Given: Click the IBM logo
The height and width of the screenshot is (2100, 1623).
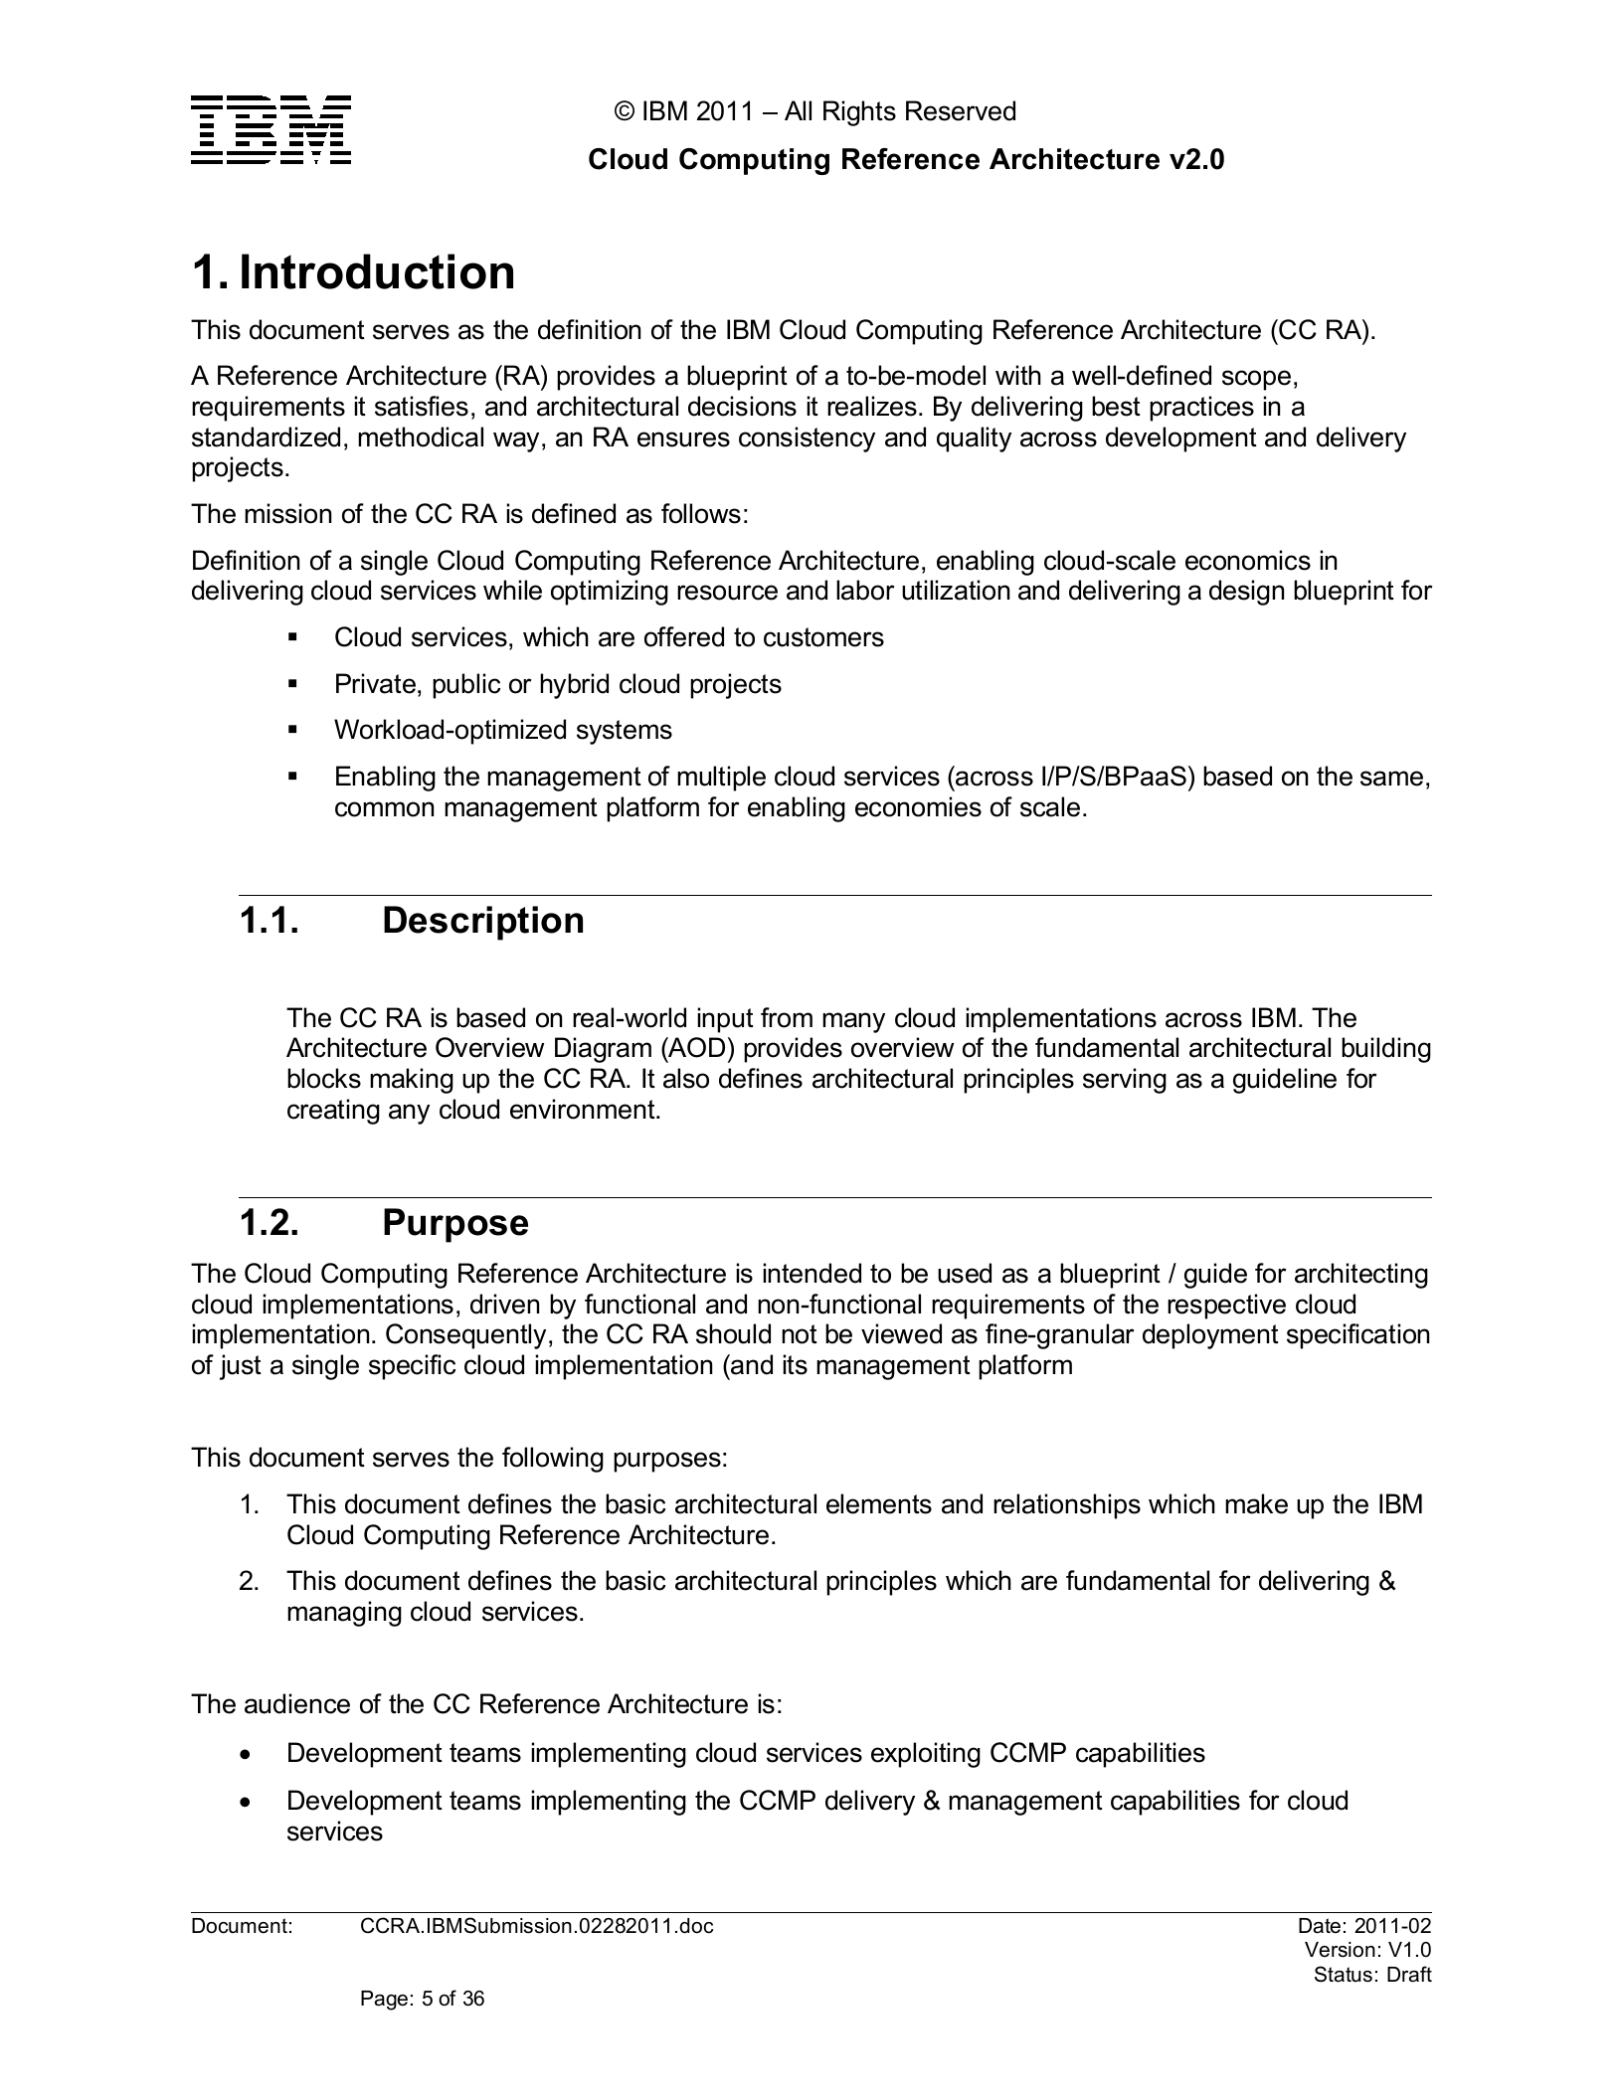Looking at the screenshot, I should pyautogui.click(x=270, y=130).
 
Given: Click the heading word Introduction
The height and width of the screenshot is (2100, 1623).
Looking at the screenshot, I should pyautogui.click(x=377, y=272).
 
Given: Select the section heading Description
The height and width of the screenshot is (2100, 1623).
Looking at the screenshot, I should pyautogui.click(x=482, y=920).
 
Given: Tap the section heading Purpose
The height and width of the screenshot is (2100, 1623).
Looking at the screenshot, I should pyautogui.click(x=454, y=1222).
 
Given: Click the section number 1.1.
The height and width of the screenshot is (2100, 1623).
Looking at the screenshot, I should pyautogui.click(x=269, y=920).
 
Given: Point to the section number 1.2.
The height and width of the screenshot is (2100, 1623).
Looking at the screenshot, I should pyautogui.click(x=269, y=1222).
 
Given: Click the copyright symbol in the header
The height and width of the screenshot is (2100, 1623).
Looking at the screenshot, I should pyautogui.click(x=625, y=111).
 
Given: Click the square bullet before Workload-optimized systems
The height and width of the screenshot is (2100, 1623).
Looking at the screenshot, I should pyautogui.click(x=292, y=730).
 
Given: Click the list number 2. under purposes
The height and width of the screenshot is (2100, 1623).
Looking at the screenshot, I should pyautogui.click(x=249, y=1581).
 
